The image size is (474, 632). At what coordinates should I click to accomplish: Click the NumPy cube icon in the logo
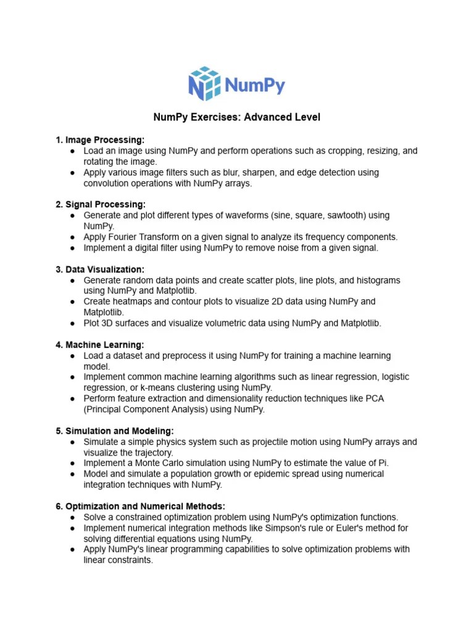point(204,85)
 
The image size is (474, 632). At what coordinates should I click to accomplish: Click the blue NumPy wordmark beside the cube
point(254,85)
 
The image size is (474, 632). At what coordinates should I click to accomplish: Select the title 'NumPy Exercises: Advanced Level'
point(237,117)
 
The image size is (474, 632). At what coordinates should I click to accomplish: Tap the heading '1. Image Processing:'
point(100,140)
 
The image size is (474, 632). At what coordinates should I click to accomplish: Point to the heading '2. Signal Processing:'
point(101,204)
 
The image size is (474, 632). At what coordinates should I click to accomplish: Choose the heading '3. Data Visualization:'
point(100,269)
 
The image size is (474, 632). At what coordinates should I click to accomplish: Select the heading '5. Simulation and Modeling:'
point(115,431)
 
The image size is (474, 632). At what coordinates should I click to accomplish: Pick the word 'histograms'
point(377,280)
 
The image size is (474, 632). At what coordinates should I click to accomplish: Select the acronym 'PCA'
point(373,399)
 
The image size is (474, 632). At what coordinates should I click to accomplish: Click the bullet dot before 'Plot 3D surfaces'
point(73,323)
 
